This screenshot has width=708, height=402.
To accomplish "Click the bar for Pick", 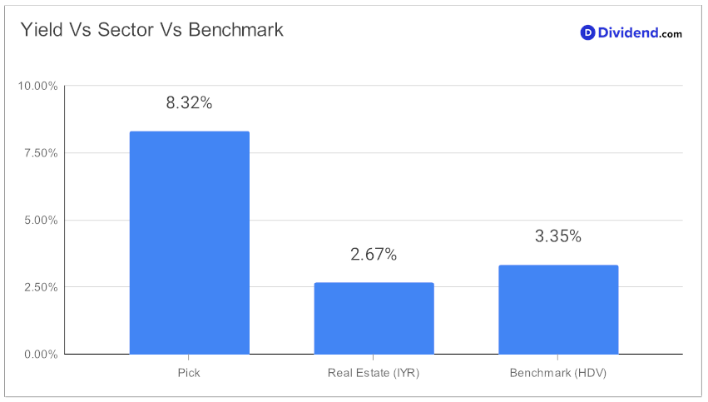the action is coord(189,242).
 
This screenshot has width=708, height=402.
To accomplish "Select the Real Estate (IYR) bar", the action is coord(374,319).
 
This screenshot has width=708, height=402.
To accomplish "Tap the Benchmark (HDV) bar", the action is coord(558,310).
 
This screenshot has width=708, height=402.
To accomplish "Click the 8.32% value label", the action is coord(189,103).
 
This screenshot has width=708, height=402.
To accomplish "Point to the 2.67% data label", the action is coord(374,255).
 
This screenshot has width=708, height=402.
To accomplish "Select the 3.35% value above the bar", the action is coord(558,236).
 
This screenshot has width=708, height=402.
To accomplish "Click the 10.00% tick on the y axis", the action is coord(38,86).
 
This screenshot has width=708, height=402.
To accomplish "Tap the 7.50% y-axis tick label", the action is coord(41,153).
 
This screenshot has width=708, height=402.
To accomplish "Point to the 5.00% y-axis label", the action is coord(41,220).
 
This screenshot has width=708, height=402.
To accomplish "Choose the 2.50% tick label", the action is coord(41,287).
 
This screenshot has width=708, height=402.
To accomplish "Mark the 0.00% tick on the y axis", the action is coord(41,354).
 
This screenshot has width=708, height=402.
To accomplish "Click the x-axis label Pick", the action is coord(189,373).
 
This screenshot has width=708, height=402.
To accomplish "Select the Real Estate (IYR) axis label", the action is coord(374,373).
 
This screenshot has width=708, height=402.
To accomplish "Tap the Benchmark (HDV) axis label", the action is coord(558,373).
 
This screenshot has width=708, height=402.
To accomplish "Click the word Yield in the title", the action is coord(42,30).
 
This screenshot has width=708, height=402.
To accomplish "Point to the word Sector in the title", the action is coord(126,30).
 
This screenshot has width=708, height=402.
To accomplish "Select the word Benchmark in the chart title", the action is coord(235,30).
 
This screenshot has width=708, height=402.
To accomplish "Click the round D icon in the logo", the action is coord(587,32).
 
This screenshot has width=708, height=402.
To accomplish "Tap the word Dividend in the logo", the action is coord(628,32).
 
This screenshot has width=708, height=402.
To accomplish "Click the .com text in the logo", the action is coord(671,34).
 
